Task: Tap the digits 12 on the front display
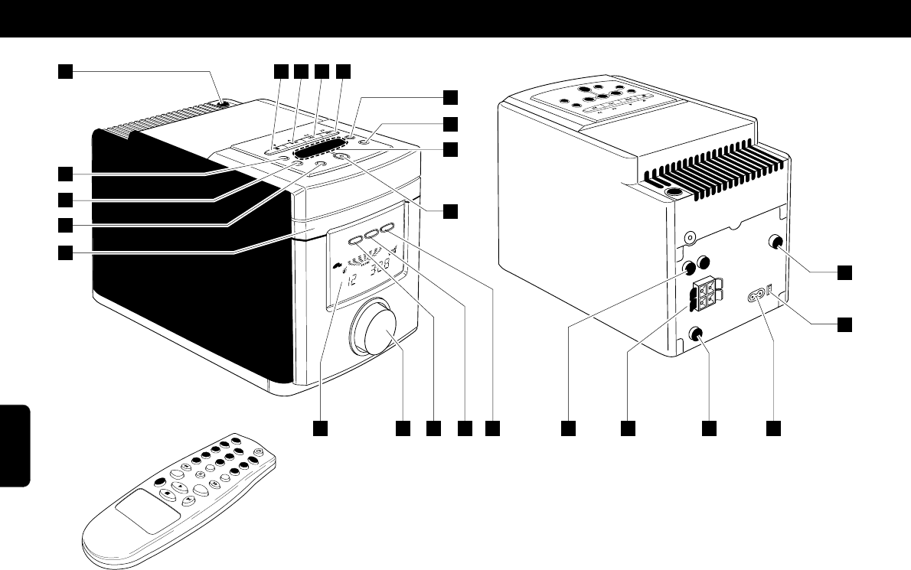click(352, 278)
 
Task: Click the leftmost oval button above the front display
click(356, 239)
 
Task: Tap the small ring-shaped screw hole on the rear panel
click(690, 239)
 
